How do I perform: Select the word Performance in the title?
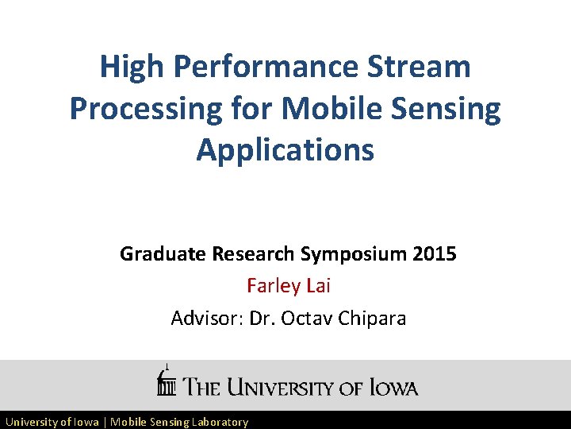[x=266, y=67]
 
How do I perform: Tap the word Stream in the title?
[x=420, y=67]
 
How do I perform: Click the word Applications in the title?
[x=285, y=149]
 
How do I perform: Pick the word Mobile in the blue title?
[x=332, y=108]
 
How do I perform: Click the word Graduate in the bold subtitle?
[x=163, y=254]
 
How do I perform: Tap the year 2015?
[x=435, y=254]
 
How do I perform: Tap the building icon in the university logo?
[x=166, y=382]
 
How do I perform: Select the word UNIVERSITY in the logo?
[x=284, y=388]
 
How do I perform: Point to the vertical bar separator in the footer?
[x=105, y=422]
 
